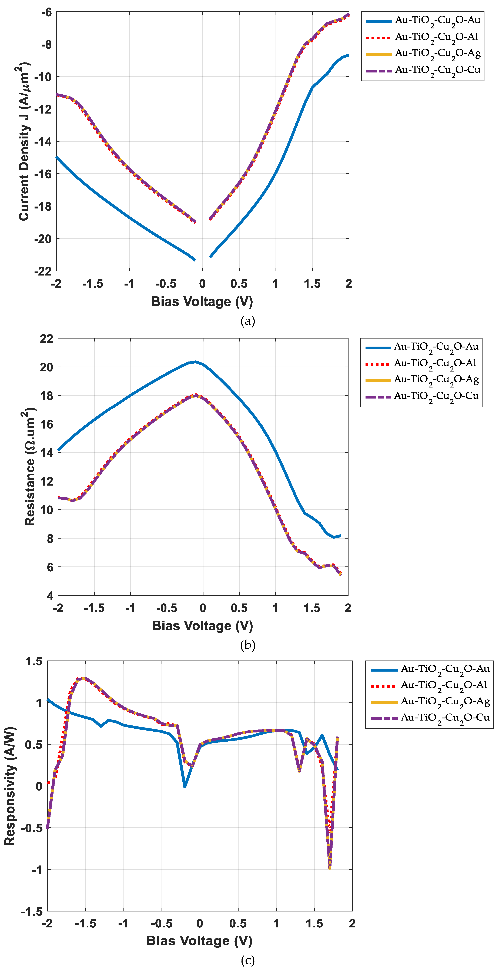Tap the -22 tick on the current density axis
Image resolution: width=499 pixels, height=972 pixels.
pyautogui.click(x=43, y=271)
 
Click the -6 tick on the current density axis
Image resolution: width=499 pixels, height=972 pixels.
pyautogui.click(x=46, y=12)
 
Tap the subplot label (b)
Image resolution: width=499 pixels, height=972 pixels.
pyautogui.click(x=248, y=645)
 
